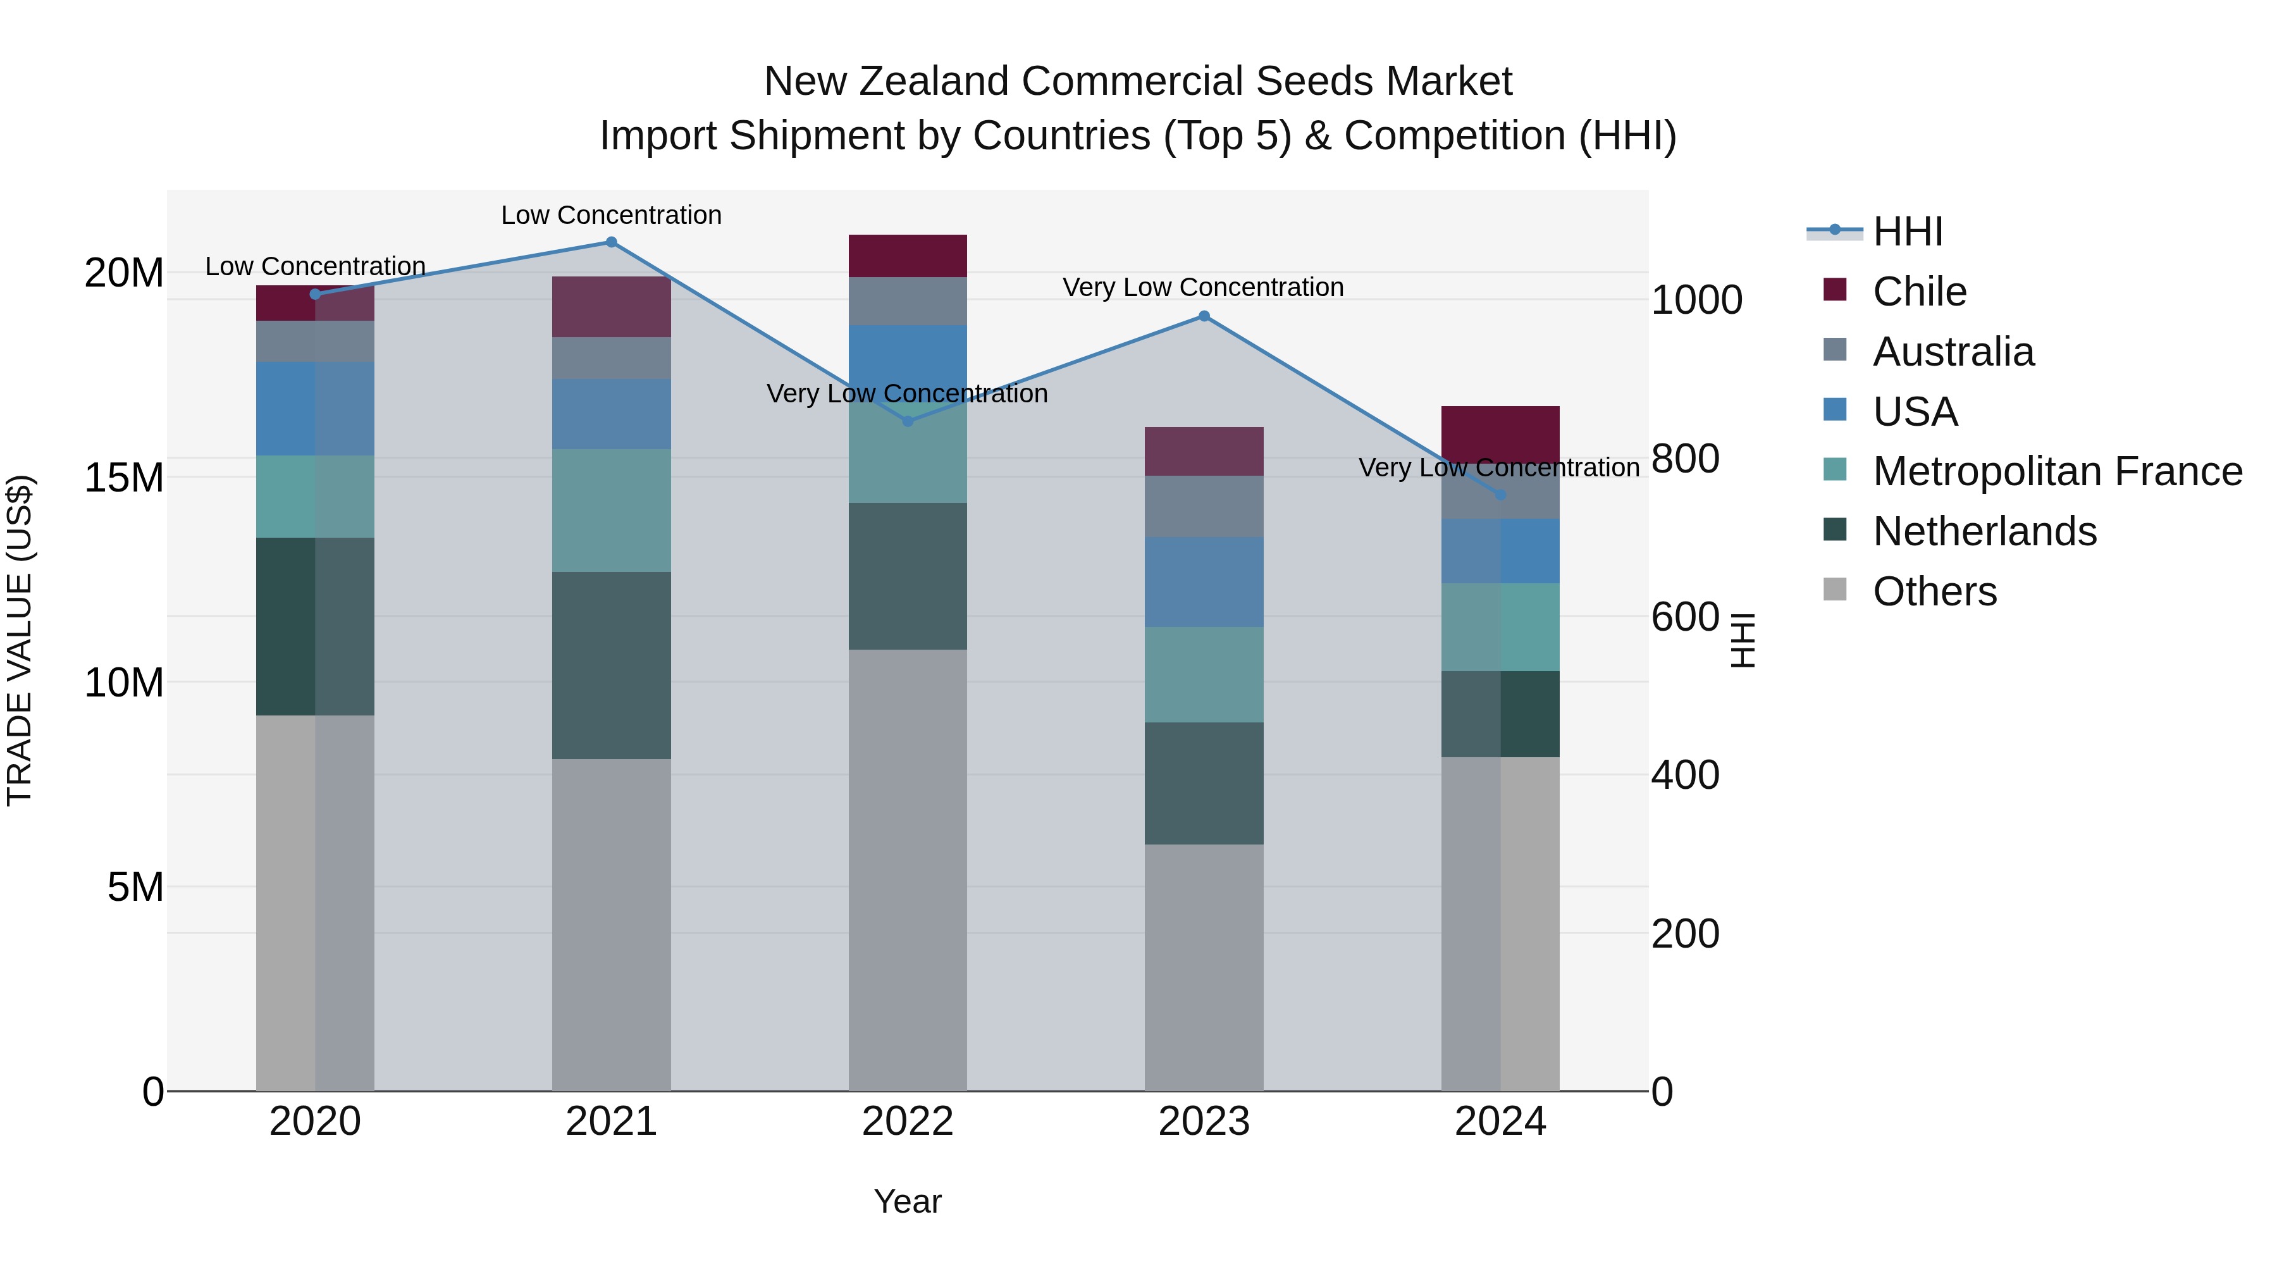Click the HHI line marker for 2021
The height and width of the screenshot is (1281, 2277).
(611, 242)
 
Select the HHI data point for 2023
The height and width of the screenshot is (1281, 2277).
(1204, 316)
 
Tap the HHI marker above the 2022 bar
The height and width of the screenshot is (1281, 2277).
(908, 422)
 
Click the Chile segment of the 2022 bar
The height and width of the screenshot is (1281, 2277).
(908, 256)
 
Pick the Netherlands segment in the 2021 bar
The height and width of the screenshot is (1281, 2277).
(611, 665)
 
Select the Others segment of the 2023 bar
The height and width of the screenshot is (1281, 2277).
(1204, 967)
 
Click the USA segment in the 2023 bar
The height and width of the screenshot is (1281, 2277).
(1204, 582)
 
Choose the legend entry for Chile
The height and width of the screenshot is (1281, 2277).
(1920, 292)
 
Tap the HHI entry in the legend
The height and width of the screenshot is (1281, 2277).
(1908, 232)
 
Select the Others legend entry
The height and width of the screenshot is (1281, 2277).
(1934, 591)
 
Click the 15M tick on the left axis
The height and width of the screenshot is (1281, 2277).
(124, 478)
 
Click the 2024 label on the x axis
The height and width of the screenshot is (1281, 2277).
(1500, 1122)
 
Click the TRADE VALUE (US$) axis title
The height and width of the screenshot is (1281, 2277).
(20, 640)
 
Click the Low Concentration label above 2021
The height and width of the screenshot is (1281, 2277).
(611, 215)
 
